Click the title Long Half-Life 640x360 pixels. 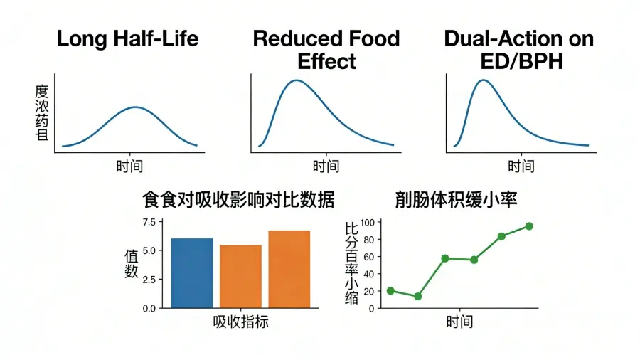(127, 38)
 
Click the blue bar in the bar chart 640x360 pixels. (192, 272)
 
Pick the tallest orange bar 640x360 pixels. (289, 269)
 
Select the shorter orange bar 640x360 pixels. (240, 276)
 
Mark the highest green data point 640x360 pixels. (529, 226)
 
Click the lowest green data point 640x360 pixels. (418, 296)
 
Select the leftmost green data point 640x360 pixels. (390, 291)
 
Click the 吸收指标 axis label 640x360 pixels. (240, 322)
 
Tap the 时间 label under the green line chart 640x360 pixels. (460, 322)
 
